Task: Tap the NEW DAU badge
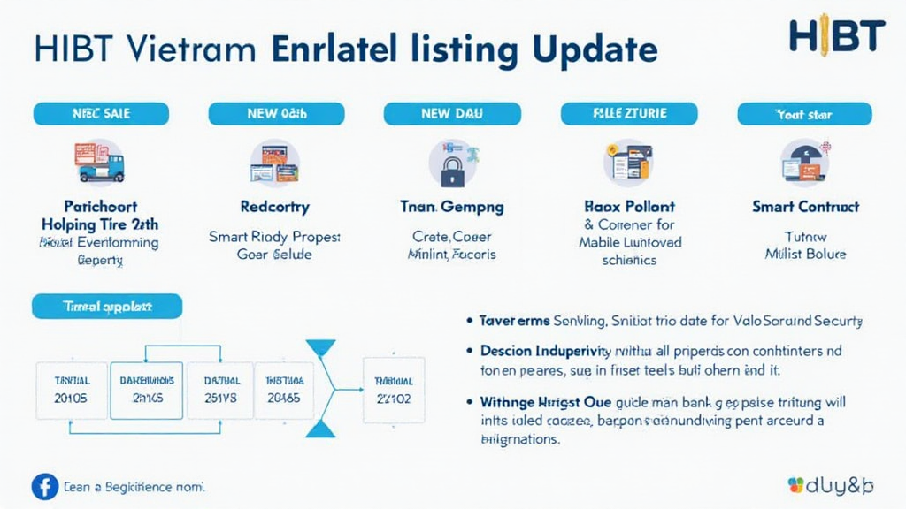point(452,114)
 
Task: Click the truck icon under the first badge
point(99,163)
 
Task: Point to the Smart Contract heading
point(804,207)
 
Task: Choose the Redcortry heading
point(274,207)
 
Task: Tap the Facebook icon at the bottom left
point(44,486)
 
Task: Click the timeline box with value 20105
point(71,389)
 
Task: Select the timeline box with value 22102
point(394,389)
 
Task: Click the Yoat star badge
point(803,114)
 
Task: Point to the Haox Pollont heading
point(630,207)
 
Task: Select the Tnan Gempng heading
point(452,207)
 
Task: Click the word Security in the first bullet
point(837,320)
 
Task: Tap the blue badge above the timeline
point(107,307)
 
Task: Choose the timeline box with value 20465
point(283,389)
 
